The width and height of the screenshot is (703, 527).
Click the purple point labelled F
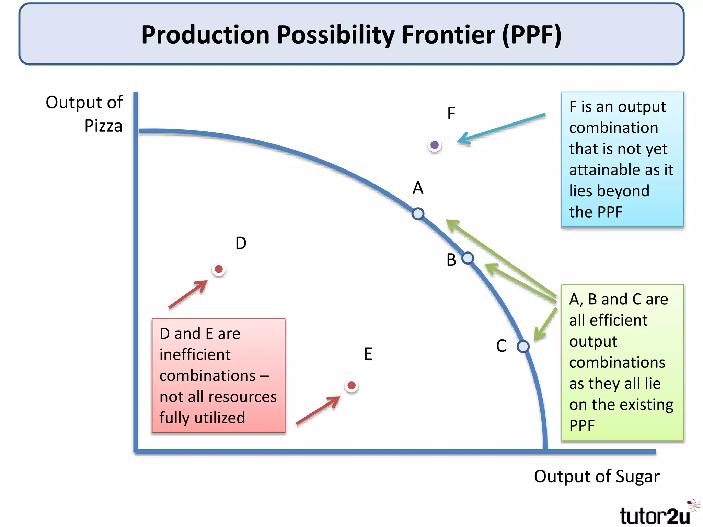[435, 145]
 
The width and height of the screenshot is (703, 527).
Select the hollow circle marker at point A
[418, 214]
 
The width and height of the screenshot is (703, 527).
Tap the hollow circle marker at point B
[468, 258]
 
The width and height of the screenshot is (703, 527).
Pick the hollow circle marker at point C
[523, 347]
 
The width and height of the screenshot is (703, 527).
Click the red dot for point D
[219, 269]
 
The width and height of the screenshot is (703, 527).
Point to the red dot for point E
[351, 385]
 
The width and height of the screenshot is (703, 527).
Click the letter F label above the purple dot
[451, 114]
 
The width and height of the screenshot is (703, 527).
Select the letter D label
[241, 243]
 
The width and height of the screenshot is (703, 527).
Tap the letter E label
[368, 354]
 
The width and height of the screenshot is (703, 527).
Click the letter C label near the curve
[501, 346]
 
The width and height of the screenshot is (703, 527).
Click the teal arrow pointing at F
[501, 129]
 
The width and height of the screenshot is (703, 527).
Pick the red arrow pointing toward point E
[318, 411]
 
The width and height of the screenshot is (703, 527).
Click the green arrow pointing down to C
[546, 324]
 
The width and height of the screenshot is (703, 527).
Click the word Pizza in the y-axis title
[103, 126]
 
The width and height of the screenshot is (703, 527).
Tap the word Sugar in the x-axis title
[637, 477]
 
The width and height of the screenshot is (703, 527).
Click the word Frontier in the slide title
[448, 35]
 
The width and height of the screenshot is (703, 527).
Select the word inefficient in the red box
[195, 355]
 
